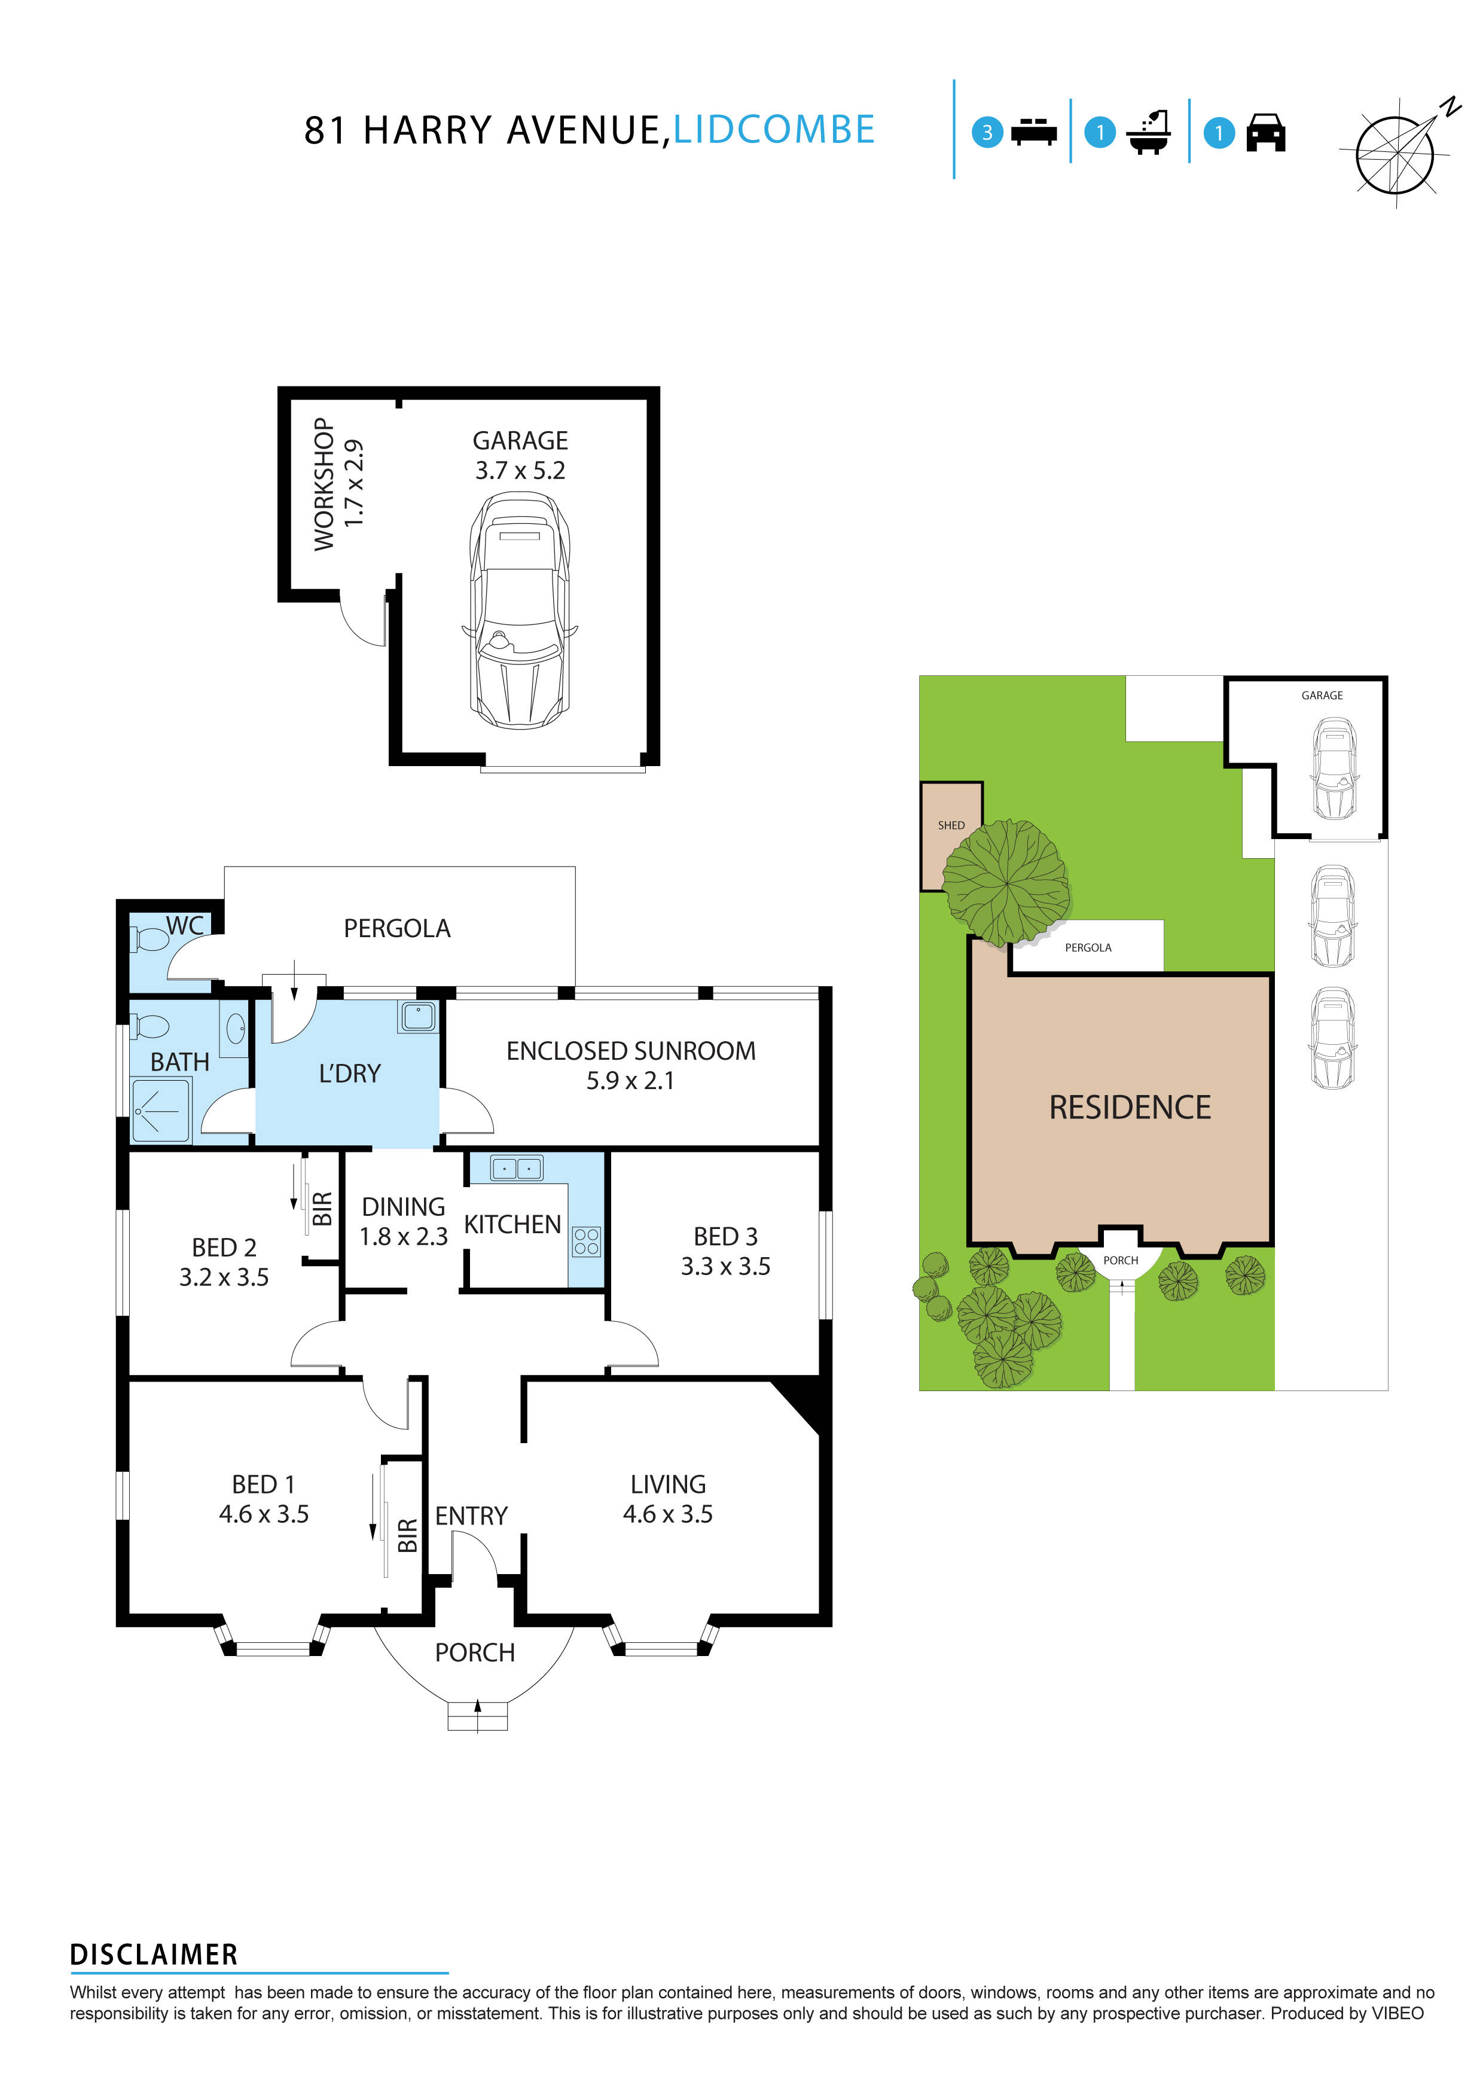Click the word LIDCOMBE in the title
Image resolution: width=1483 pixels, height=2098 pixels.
774,130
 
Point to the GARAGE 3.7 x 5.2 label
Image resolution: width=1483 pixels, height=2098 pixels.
520,455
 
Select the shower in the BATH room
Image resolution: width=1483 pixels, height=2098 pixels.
161,1110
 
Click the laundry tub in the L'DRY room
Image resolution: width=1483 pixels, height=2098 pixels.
419,1016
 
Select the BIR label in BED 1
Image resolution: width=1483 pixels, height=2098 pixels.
408,1535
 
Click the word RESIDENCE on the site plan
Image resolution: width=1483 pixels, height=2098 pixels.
1130,1108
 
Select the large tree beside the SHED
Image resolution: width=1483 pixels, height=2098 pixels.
1005,883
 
